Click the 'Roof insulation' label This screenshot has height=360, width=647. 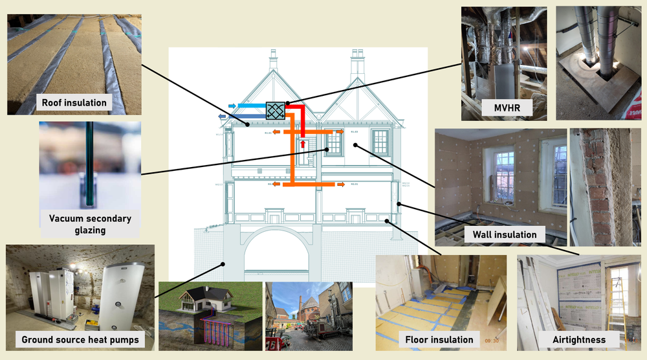[x=74, y=103]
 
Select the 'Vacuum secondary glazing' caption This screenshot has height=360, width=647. [x=91, y=224]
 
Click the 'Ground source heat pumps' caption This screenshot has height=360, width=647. [x=80, y=340]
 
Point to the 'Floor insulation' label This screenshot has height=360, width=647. [x=439, y=339]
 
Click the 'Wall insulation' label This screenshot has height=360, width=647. [x=505, y=234]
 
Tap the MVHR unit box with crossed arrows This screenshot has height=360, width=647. [x=276, y=111]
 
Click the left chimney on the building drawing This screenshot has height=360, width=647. [x=272, y=62]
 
